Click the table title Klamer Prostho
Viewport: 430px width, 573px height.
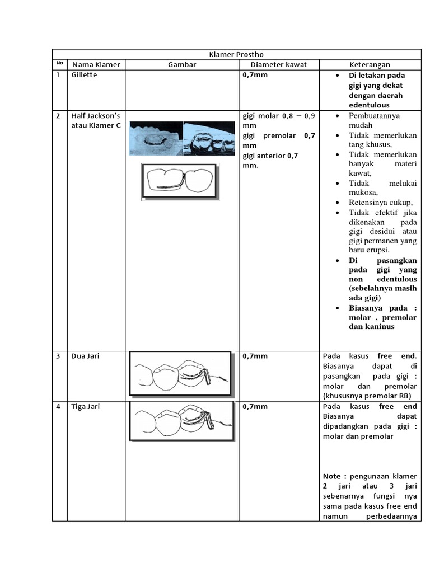(x=236, y=54)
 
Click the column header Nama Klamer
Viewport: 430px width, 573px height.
(x=96, y=64)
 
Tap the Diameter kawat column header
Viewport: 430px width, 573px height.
(x=279, y=64)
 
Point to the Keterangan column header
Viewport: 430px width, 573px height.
(x=370, y=64)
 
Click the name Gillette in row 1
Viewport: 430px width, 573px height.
(x=84, y=75)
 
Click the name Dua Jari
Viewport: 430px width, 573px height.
(x=85, y=356)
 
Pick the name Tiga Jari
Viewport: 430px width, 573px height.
(x=86, y=406)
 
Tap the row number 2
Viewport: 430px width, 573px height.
(x=58, y=115)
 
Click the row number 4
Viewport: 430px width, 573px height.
(x=58, y=406)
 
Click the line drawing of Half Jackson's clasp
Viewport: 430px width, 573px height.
(x=179, y=181)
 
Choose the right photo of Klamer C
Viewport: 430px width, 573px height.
(x=209, y=137)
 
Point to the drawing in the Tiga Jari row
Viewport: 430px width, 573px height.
(x=180, y=424)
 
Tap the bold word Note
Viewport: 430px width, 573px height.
(x=334, y=476)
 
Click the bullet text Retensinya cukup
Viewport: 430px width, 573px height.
(x=380, y=202)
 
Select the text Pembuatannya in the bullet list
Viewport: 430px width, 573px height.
(x=375, y=115)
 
